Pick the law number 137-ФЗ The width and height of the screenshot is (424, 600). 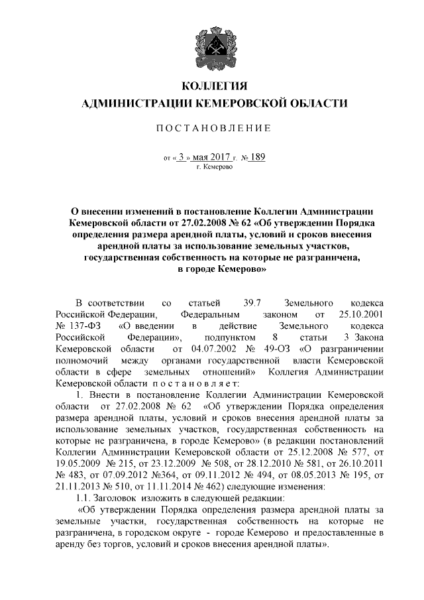[83, 326]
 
